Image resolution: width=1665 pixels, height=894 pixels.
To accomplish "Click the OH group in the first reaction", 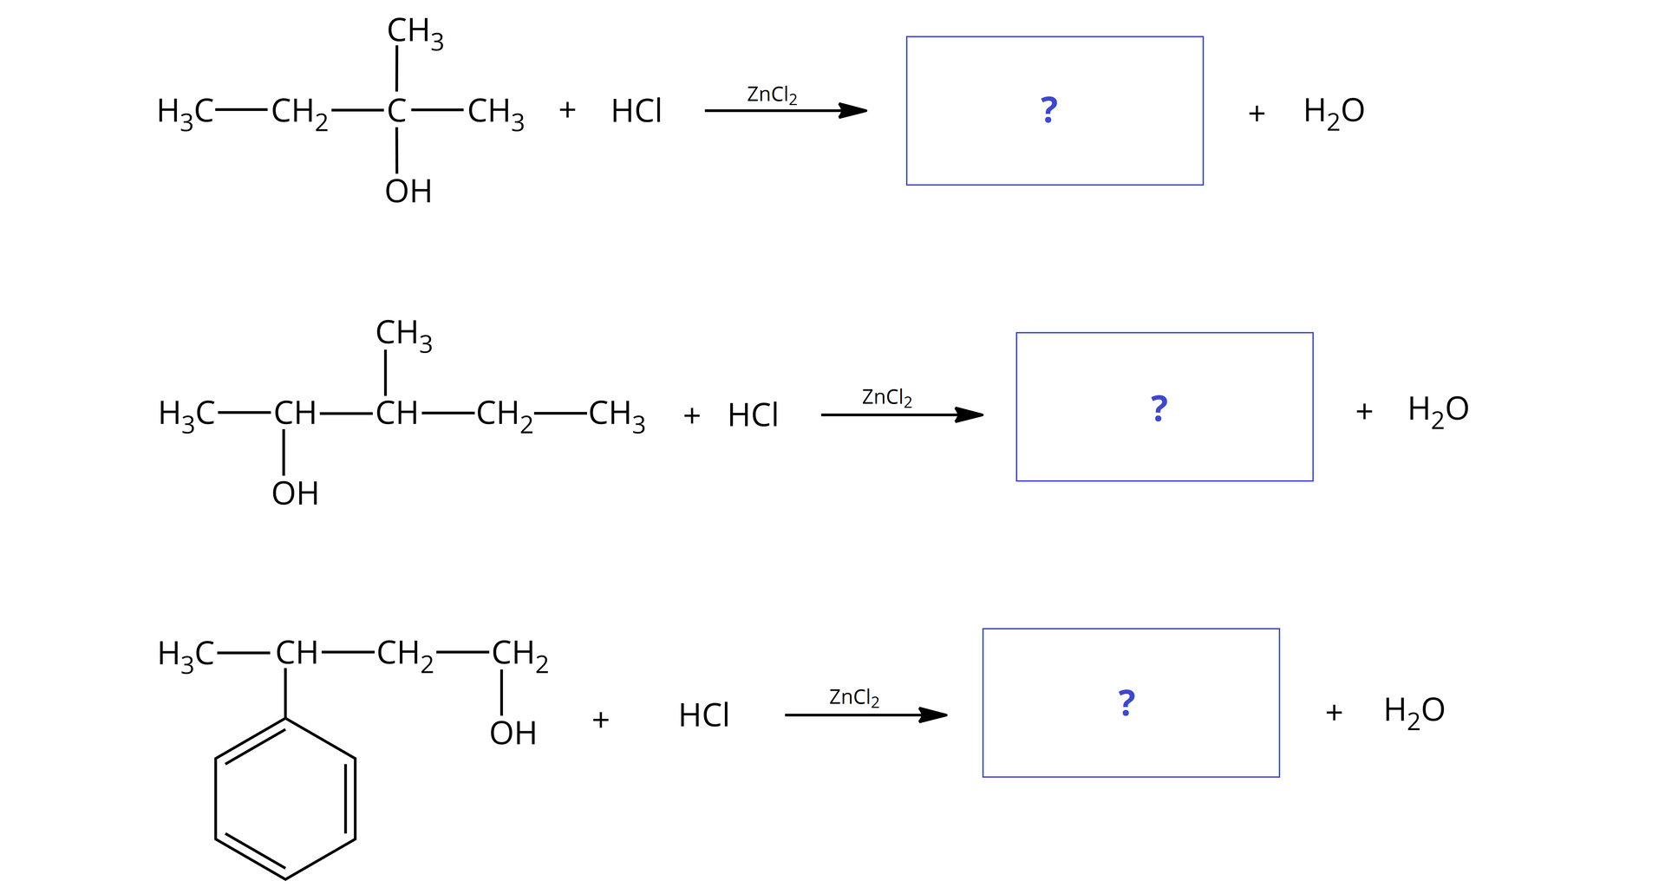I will (408, 191).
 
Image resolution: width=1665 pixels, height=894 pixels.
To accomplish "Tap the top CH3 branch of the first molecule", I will (415, 33).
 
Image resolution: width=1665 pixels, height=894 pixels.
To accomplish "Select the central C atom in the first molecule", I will (396, 111).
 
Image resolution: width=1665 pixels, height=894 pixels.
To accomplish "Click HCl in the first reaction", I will (636, 111).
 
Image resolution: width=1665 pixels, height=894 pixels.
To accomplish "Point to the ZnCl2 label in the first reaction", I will (772, 95).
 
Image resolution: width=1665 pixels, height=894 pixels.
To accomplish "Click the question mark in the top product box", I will (1048, 110).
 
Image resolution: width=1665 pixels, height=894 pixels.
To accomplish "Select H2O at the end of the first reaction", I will (1334, 112).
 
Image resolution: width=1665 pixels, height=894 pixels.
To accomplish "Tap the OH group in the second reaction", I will (295, 493).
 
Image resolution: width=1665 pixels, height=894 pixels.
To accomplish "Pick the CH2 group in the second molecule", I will (504, 414).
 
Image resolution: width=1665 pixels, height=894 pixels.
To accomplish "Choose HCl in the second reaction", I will (753, 415).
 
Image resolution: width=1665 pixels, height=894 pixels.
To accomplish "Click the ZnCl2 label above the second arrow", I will (886, 398).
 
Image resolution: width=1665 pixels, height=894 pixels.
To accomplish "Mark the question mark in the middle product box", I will (1159, 408).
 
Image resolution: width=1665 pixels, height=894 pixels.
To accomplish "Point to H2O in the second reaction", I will (1438, 410).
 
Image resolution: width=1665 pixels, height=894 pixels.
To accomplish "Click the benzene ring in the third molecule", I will (285, 799).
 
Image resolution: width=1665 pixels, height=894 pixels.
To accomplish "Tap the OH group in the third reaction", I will (513, 734).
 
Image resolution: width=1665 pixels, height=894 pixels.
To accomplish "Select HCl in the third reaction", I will (703, 715).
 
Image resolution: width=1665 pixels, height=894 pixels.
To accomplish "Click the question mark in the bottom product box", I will (1126, 702).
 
